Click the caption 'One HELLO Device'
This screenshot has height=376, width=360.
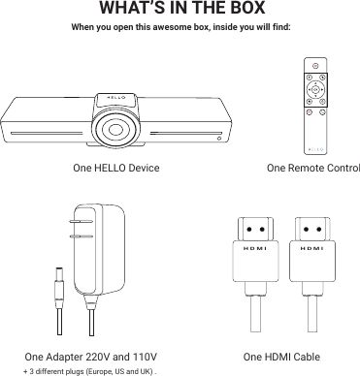tap(116, 168)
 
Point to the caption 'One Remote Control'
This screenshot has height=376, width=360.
tap(312, 168)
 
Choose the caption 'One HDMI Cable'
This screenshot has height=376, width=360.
tap(281, 356)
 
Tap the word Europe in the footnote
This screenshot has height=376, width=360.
tap(98, 370)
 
